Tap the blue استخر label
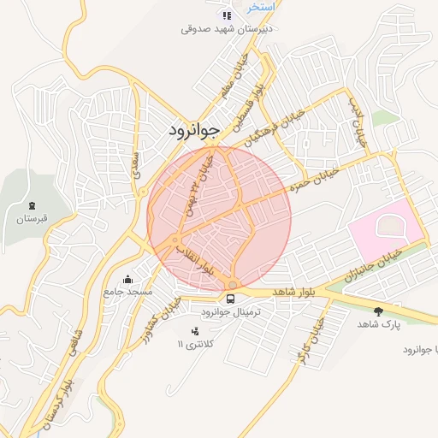point(261,6)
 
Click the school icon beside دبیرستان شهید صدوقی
point(227,15)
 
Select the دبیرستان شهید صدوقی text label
point(227,27)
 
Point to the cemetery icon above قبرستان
point(33,206)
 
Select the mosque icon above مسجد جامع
point(128,279)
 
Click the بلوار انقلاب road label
point(195,258)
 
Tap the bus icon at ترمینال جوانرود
point(231,299)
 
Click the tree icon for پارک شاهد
point(379,311)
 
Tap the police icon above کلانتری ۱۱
point(196,330)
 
